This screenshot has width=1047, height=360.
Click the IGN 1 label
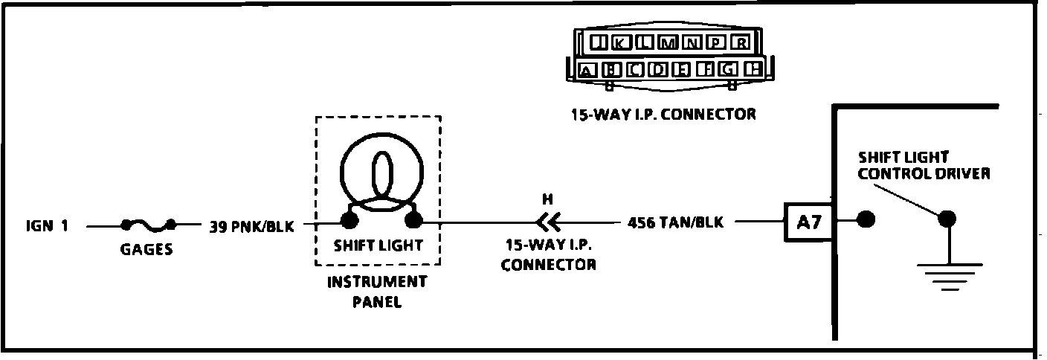click(46, 225)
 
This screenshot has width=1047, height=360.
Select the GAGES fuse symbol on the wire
click(149, 224)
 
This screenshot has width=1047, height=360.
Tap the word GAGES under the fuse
click(146, 249)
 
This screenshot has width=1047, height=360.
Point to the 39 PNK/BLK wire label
click(251, 226)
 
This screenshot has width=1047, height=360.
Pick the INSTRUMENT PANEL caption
click(377, 292)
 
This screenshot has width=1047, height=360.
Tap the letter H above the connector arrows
click(548, 199)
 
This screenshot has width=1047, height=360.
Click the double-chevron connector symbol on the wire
click(548, 222)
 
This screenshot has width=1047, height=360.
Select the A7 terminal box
click(808, 222)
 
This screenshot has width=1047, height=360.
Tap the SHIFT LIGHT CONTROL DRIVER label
click(923, 165)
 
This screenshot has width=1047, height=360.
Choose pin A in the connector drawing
click(587, 71)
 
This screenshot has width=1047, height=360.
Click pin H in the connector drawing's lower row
click(754, 70)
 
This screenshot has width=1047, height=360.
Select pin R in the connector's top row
click(739, 42)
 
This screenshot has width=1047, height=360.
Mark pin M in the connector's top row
click(669, 42)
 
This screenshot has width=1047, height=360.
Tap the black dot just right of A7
click(865, 220)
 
